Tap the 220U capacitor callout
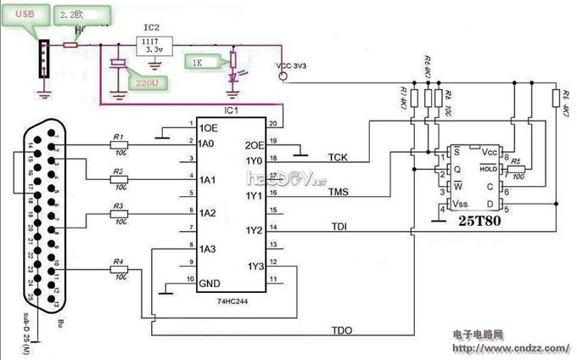click(x=146, y=82)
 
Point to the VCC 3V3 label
click(x=293, y=65)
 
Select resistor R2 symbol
click(x=120, y=178)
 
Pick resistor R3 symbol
click(x=120, y=213)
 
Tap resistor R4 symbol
click(x=120, y=269)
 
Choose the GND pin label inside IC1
click(x=209, y=281)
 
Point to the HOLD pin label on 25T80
click(x=488, y=168)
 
